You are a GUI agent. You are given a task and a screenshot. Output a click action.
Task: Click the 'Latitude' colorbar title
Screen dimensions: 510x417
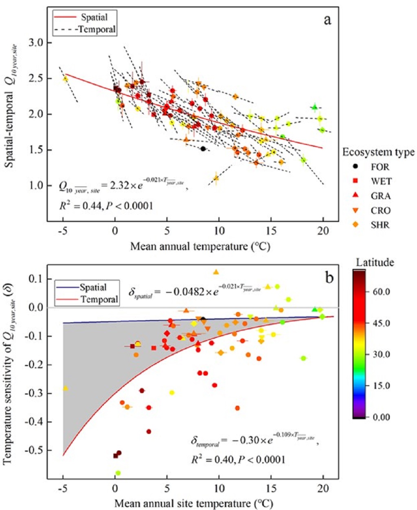click(375, 262)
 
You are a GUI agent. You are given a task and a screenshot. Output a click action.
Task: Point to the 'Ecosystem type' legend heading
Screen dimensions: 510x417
click(378, 152)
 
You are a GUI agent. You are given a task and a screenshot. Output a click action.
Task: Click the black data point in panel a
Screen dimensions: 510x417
click(203, 149)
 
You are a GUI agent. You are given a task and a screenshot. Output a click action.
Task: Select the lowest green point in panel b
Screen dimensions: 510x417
click(118, 473)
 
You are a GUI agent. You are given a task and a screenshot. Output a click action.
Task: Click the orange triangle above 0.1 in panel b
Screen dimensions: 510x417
click(216, 272)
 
